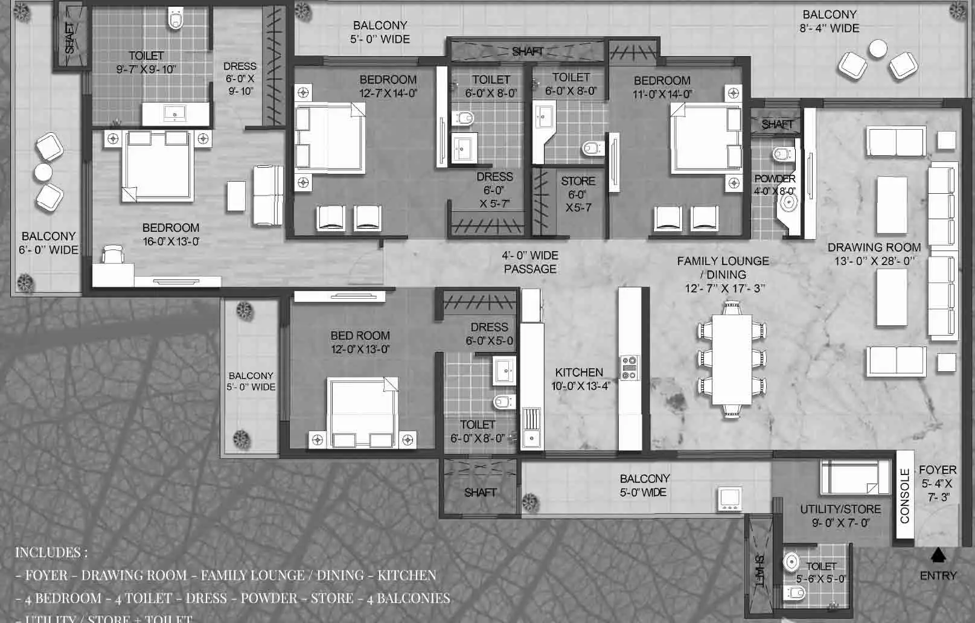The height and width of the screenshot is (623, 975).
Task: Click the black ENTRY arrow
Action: tap(938, 554)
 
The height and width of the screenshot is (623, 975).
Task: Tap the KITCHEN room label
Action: tap(579, 372)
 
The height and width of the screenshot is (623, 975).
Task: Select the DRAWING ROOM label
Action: tap(874, 248)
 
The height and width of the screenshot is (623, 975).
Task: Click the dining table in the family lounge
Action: tap(732, 360)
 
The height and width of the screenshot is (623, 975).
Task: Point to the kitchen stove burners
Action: tap(629, 368)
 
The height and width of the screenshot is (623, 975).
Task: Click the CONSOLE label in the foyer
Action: tap(904, 496)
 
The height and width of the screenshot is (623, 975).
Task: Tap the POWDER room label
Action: tap(775, 179)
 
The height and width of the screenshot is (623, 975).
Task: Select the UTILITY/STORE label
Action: tap(840, 510)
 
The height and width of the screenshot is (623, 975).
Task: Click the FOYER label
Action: tap(937, 470)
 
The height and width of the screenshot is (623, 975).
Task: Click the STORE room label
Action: tap(578, 181)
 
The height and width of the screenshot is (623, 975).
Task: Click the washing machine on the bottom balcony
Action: tap(730, 499)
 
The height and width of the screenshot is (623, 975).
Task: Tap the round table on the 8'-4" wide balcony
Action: tap(877, 48)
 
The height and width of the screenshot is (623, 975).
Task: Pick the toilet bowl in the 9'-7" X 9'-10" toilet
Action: tap(176, 20)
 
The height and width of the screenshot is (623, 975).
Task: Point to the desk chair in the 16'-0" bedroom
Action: tap(113, 255)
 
